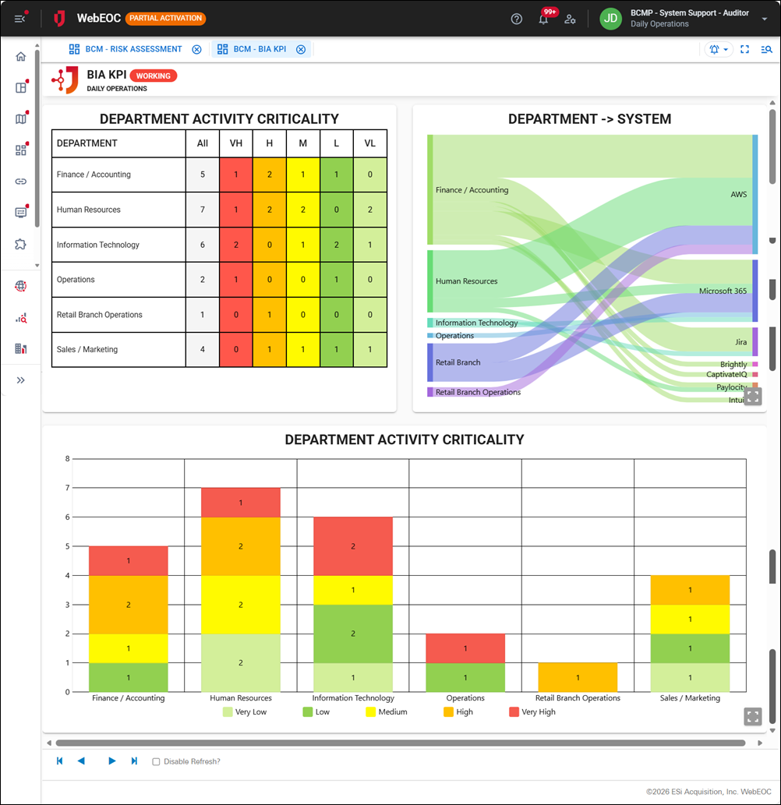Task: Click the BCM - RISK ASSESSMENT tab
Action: tap(133, 49)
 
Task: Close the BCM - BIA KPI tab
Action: tap(301, 49)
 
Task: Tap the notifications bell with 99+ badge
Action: tap(543, 19)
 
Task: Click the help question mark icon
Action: tap(516, 19)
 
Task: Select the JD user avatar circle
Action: tap(610, 19)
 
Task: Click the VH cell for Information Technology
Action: tap(236, 245)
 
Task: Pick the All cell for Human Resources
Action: tap(203, 210)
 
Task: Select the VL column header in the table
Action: tap(369, 143)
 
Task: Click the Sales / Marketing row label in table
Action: tap(87, 350)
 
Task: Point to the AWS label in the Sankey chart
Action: tap(738, 194)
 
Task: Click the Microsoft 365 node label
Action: tap(723, 291)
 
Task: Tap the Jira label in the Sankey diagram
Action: tap(740, 342)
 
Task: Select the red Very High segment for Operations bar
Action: tap(465, 648)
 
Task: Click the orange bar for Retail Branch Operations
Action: tap(578, 677)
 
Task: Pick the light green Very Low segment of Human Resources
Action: tap(241, 663)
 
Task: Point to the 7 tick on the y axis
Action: tap(67, 488)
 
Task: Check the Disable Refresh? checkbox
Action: tap(156, 761)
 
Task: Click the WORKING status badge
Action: tap(154, 76)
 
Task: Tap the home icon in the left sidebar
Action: tap(21, 56)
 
